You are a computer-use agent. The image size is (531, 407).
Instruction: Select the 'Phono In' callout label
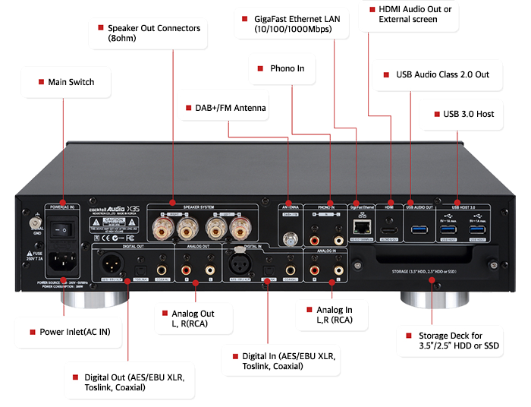pyautogui.click(x=286, y=68)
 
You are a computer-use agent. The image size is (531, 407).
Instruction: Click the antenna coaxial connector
pyautogui.click(x=290, y=238)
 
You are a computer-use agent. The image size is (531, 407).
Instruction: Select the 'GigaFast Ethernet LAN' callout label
pyautogui.click(x=295, y=24)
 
